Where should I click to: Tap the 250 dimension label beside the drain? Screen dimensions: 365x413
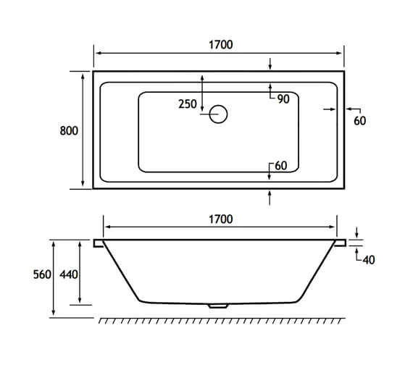[x=187, y=104]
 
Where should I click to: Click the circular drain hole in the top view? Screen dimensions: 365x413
[x=218, y=114]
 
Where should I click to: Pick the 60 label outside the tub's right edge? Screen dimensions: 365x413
[x=359, y=121]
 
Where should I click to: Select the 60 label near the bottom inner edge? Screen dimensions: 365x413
[x=280, y=166]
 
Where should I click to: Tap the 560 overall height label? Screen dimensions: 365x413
[x=41, y=276]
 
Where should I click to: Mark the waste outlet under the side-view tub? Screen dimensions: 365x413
[x=218, y=305]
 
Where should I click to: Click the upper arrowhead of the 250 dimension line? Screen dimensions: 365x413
[x=202, y=76]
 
